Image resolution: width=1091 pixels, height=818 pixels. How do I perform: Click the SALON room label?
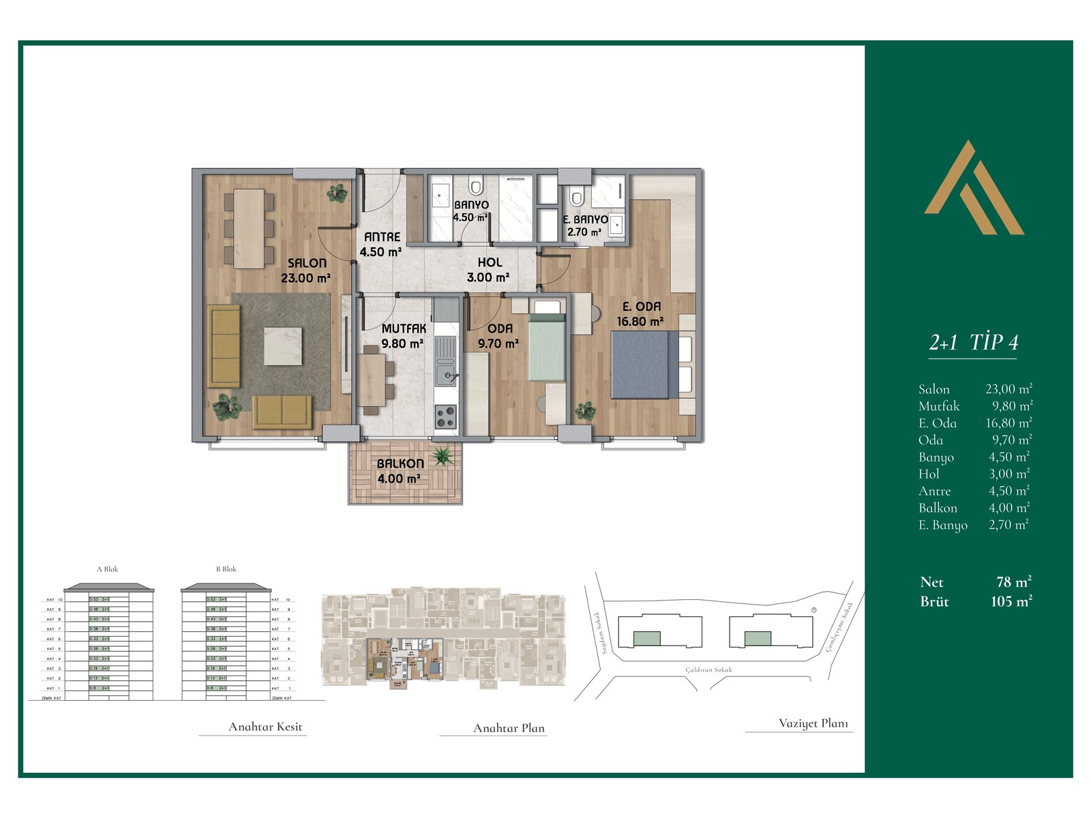(307, 263)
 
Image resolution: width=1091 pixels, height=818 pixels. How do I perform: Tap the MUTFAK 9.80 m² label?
(403, 336)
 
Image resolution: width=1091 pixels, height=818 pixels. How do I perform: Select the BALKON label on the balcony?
(400, 464)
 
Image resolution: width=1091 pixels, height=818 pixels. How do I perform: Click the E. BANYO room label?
(585, 219)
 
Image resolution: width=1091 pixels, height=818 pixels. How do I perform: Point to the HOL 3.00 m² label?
(489, 269)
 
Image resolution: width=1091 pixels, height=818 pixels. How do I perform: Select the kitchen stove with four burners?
(445, 416)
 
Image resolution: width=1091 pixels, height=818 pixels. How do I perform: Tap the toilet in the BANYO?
(476, 185)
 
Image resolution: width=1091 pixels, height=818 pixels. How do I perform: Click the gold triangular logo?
(974, 191)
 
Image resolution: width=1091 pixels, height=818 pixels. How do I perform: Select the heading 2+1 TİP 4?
(973, 342)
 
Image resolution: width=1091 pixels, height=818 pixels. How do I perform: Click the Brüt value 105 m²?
(1011, 601)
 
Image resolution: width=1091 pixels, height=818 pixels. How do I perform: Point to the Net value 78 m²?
(1013, 582)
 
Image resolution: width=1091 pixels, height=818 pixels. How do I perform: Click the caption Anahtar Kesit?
(265, 727)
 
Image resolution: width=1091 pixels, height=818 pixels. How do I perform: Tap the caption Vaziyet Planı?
(813, 723)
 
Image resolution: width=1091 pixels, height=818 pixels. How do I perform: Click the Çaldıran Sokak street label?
(708, 670)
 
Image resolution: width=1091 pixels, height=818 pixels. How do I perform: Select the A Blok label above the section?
(107, 569)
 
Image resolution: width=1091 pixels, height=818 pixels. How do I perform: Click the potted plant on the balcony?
(443, 455)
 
